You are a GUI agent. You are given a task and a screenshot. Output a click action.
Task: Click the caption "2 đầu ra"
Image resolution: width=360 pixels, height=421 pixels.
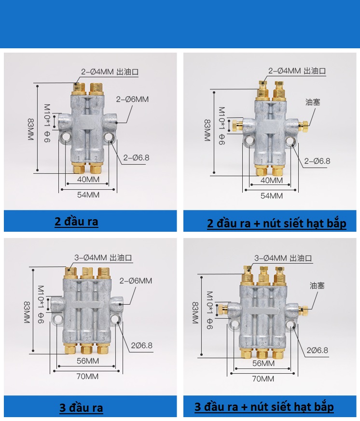(x=76, y=222)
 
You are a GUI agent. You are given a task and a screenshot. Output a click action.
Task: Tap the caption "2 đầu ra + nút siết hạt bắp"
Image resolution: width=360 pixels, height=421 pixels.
(x=277, y=224)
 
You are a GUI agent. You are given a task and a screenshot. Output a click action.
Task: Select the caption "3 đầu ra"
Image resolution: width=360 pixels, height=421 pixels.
(x=81, y=408)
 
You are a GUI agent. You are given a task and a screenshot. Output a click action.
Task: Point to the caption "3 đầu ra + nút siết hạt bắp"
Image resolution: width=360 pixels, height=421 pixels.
(x=264, y=407)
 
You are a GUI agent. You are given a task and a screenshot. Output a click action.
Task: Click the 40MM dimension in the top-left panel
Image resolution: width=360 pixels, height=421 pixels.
(x=87, y=180)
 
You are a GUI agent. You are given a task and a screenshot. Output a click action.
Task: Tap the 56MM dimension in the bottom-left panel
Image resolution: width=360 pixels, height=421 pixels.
(x=87, y=361)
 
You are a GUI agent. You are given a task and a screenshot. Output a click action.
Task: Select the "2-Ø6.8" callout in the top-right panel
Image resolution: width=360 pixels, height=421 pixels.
(x=317, y=161)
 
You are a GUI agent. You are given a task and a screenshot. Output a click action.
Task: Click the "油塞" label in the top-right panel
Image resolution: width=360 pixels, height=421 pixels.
(x=312, y=102)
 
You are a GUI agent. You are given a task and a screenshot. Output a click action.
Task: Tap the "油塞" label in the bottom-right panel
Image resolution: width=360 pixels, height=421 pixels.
(x=317, y=285)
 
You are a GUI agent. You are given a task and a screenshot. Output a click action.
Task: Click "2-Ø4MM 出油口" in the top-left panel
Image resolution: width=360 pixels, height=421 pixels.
(x=110, y=72)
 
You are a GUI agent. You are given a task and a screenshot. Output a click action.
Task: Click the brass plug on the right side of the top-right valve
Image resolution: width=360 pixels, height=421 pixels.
(x=304, y=126)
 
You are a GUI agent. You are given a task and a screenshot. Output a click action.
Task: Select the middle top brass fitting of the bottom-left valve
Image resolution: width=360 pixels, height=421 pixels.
(x=87, y=273)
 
